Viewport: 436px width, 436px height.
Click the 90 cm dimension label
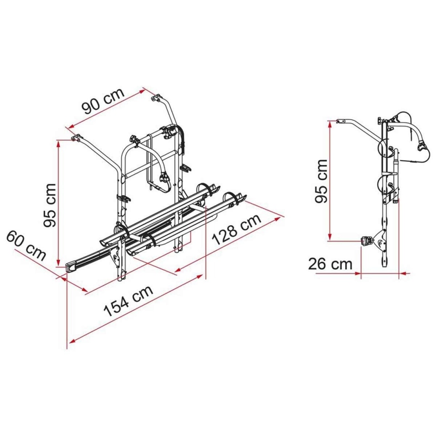tap(104, 101)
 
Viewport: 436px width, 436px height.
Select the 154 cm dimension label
tap(128, 301)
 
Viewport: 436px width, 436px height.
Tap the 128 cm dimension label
tap(237, 230)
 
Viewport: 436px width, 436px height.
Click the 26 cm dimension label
tap(330, 264)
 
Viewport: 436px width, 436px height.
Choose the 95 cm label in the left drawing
tap(50, 205)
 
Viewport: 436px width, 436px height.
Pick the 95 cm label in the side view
tap(322, 181)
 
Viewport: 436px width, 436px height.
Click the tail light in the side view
tap(365, 240)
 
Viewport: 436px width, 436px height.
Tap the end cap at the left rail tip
tap(71, 268)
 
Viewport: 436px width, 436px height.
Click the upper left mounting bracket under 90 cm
tap(76, 137)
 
